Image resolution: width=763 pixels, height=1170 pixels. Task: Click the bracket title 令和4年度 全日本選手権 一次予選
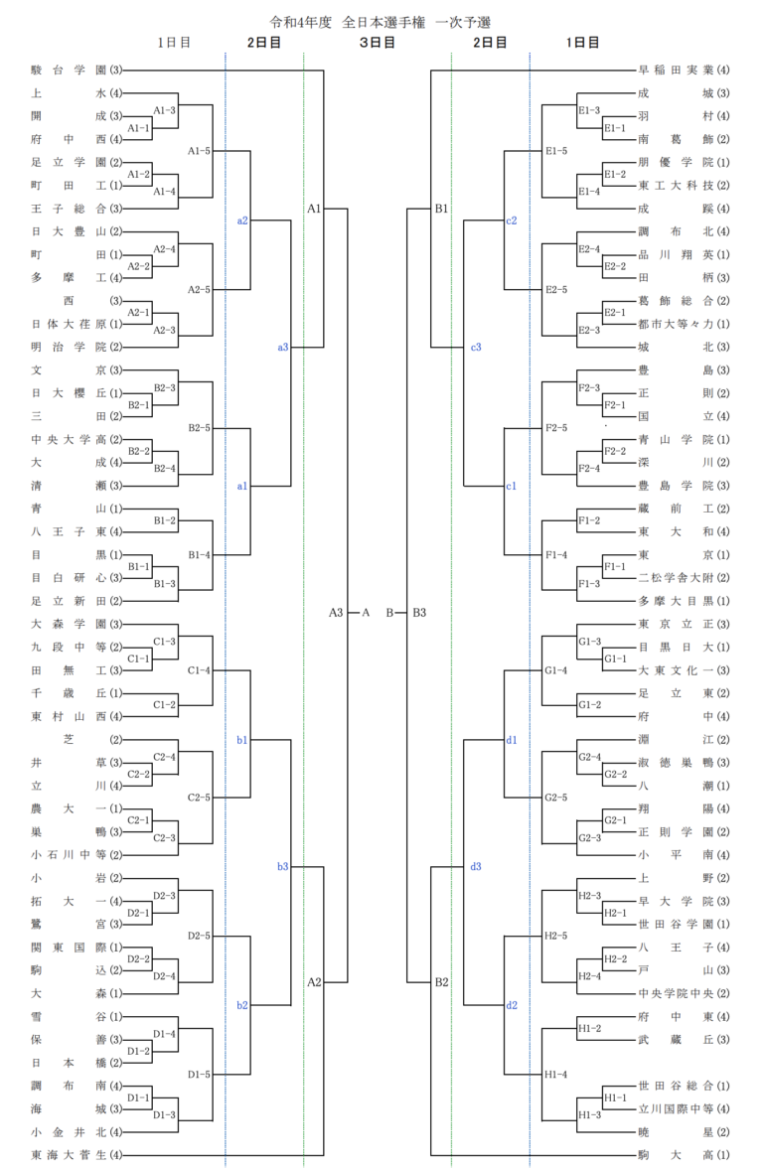tap(381, 20)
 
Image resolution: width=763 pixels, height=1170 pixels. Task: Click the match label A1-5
tap(200, 151)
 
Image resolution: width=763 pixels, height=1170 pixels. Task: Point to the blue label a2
tap(242, 220)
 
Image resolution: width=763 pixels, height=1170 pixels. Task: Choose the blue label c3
tap(476, 347)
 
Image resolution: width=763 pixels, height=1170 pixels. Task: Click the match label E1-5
tap(556, 151)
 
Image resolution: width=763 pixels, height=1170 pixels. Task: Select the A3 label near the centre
tap(336, 613)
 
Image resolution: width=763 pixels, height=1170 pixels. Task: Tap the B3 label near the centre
tap(419, 613)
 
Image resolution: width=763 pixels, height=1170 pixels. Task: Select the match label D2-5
tap(200, 937)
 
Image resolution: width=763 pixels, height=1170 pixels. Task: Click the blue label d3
tap(476, 867)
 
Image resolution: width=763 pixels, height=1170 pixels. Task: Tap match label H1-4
tap(556, 1075)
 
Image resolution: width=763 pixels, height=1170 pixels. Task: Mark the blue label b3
tap(283, 867)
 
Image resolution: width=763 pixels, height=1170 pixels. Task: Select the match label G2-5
tap(556, 798)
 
